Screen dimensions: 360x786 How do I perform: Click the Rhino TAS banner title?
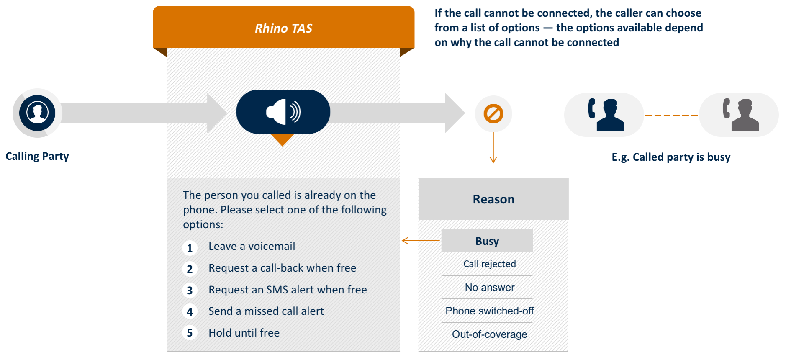tap(283, 28)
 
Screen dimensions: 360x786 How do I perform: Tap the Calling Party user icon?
tap(37, 113)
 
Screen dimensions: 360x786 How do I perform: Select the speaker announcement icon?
tap(283, 112)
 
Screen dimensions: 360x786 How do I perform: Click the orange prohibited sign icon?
tap(493, 114)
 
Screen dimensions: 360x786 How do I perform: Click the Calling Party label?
tap(37, 156)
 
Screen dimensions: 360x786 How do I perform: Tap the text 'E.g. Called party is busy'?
tap(671, 157)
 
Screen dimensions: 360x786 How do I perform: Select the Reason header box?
tap(493, 199)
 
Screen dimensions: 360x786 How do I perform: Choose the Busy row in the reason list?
tap(487, 241)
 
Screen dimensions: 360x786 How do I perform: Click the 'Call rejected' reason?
tap(489, 264)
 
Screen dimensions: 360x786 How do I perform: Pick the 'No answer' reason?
tap(489, 287)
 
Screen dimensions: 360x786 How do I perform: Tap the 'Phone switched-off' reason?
tap(489, 311)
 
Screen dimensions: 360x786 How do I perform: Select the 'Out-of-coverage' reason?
tap(489, 334)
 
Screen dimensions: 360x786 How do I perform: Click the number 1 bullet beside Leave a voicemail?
tap(190, 248)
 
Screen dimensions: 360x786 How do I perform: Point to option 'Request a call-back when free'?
tap(282, 268)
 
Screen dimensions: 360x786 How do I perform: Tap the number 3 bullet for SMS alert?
tap(190, 291)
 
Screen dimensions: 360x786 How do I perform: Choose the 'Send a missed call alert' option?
tap(266, 311)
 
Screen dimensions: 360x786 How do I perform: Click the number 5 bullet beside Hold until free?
tap(190, 333)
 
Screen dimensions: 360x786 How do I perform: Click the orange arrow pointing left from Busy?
tap(420, 241)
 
